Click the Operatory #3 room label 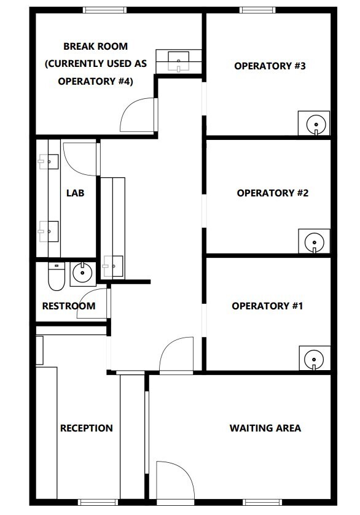[270, 66]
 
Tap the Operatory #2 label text [273, 193]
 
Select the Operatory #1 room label [267, 306]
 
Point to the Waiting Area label [265, 428]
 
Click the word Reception [87, 428]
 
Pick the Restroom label [69, 306]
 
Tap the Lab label [76, 193]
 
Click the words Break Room [95, 46]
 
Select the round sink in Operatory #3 [316, 125]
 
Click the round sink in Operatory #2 [315, 242]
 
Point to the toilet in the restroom [57, 276]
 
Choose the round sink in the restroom [82, 273]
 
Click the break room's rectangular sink [179, 61]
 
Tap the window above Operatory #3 [257, 10]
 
